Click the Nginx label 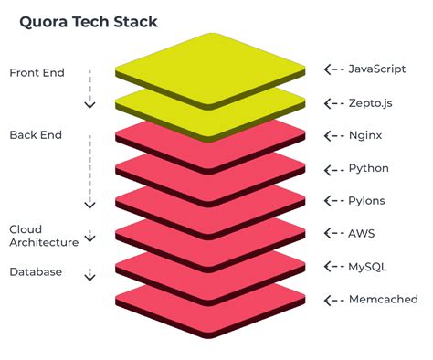(x=366, y=135)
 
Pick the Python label (x=369, y=168)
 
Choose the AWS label (x=362, y=234)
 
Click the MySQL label (x=367, y=267)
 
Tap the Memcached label (x=384, y=300)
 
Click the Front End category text (x=37, y=72)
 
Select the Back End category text (x=36, y=135)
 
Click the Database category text (x=36, y=272)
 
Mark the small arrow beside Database (x=90, y=273)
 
